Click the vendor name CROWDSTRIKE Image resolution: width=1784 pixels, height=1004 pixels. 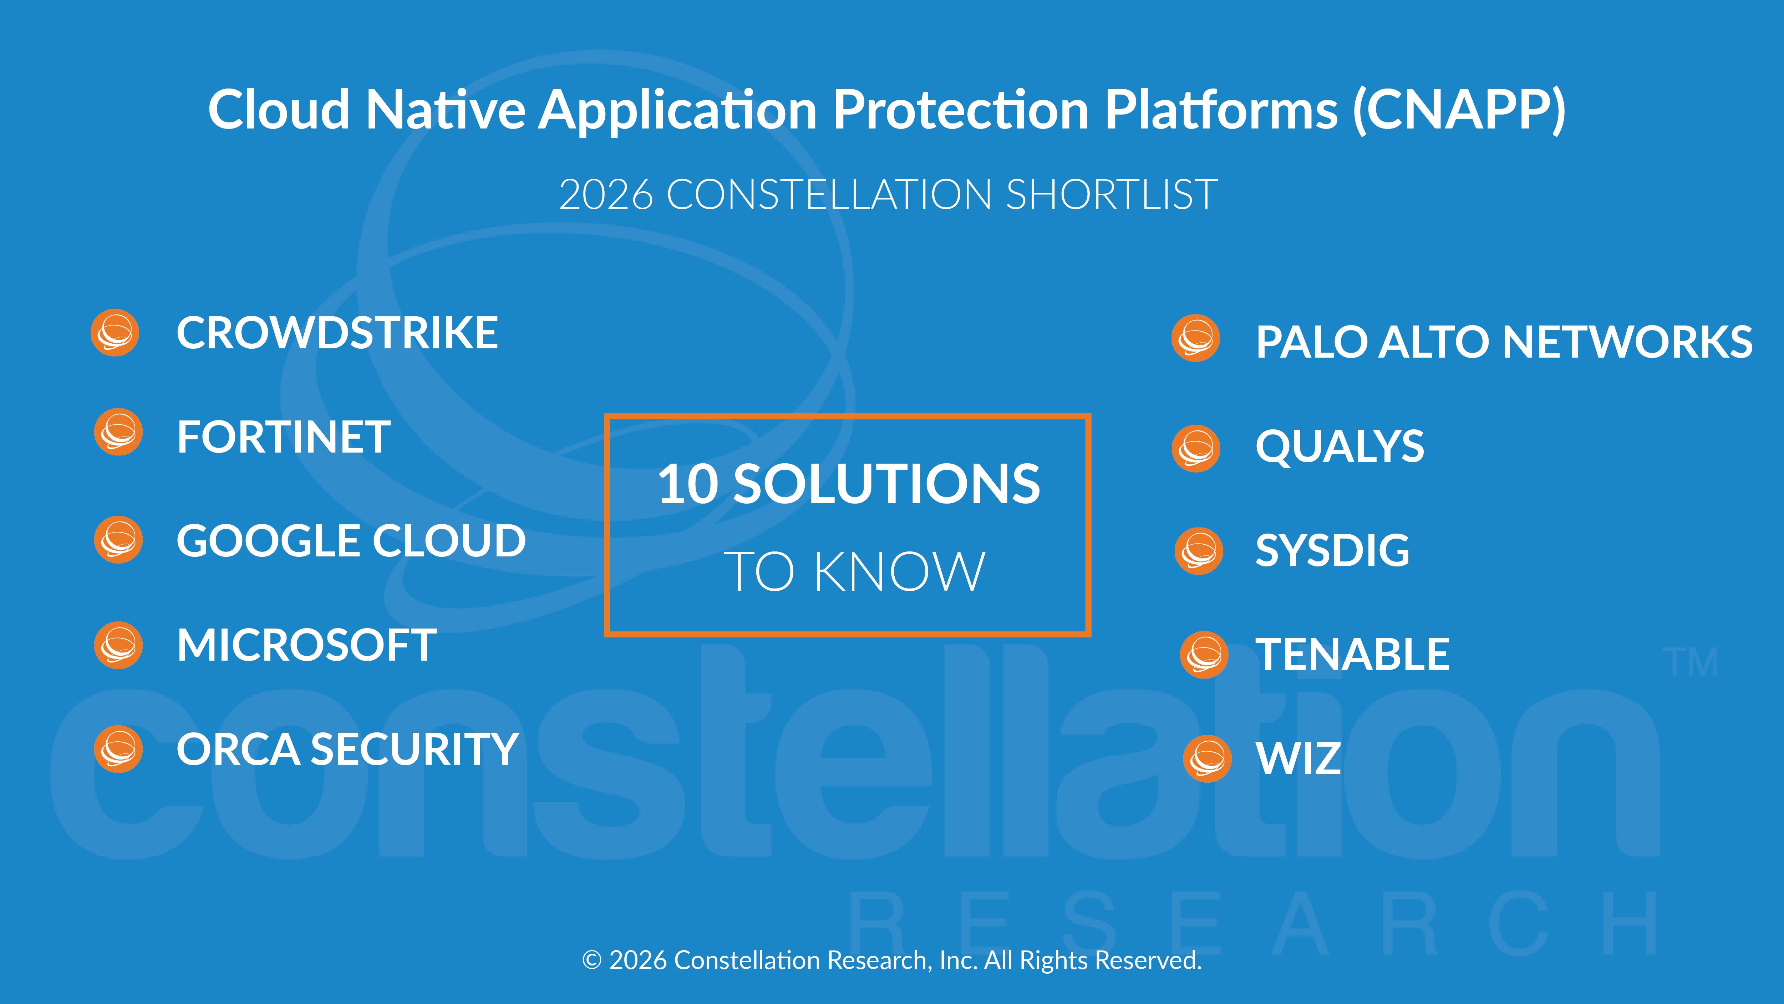click(x=337, y=333)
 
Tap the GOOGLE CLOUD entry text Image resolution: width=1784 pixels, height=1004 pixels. click(x=351, y=541)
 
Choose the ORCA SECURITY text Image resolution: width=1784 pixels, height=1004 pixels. click(x=348, y=750)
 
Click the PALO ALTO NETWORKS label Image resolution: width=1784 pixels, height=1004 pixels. click(x=1504, y=342)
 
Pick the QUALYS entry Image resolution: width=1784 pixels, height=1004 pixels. click(x=1340, y=446)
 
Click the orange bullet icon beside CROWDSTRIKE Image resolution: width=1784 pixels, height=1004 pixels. click(x=115, y=333)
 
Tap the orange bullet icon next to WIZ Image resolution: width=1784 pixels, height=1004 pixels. click(x=1208, y=759)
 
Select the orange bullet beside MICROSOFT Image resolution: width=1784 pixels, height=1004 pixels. click(x=118, y=645)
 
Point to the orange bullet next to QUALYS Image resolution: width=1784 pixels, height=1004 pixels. click(x=1196, y=448)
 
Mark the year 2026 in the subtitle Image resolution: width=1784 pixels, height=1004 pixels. click(x=606, y=195)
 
